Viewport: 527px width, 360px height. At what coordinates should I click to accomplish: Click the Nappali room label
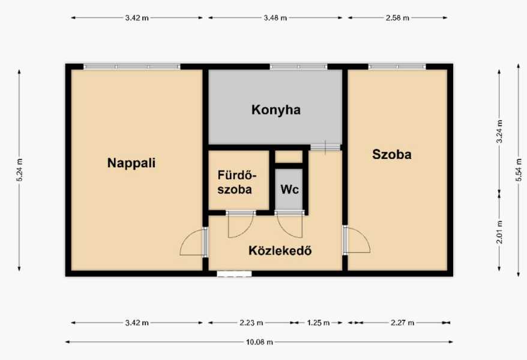pyautogui.click(x=131, y=163)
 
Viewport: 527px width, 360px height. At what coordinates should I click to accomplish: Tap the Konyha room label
pyautogui.click(x=276, y=110)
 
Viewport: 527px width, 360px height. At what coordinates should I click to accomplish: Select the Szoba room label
pyautogui.click(x=392, y=154)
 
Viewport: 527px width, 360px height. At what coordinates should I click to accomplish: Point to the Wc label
pyautogui.click(x=289, y=190)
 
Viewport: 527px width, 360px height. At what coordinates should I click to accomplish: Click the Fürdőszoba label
pyautogui.click(x=237, y=182)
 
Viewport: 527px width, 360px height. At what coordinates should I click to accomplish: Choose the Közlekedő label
pyautogui.click(x=280, y=251)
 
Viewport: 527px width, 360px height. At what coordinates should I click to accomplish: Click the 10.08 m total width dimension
pyautogui.click(x=259, y=342)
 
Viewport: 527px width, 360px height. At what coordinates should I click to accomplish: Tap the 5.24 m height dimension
pyautogui.click(x=19, y=170)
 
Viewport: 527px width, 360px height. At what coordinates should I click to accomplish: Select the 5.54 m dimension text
pyautogui.click(x=519, y=170)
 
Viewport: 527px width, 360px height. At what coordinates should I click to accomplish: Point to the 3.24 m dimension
pyautogui.click(x=500, y=131)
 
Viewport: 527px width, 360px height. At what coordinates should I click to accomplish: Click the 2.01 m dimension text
pyautogui.click(x=500, y=232)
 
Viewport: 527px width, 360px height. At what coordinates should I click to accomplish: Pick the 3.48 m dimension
pyautogui.click(x=276, y=18)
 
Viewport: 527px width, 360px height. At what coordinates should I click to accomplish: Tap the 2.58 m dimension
pyautogui.click(x=397, y=18)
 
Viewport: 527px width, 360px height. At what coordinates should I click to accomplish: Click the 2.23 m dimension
pyautogui.click(x=251, y=323)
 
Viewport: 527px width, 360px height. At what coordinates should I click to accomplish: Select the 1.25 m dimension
pyautogui.click(x=318, y=323)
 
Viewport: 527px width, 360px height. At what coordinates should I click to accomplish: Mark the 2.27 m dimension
pyautogui.click(x=402, y=323)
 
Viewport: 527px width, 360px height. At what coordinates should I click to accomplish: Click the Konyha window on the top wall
pyautogui.click(x=298, y=67)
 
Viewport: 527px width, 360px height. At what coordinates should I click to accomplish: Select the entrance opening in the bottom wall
pyautogui.click(x=234, y=274)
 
